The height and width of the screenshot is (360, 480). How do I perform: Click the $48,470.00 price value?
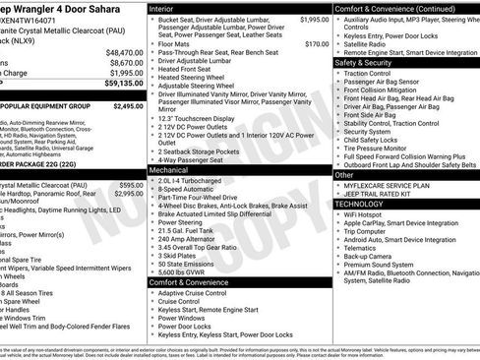[x=125, y=52]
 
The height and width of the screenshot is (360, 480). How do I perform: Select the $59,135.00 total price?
[x=124, y=85]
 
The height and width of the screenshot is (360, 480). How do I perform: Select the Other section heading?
[x=345, y=173]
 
